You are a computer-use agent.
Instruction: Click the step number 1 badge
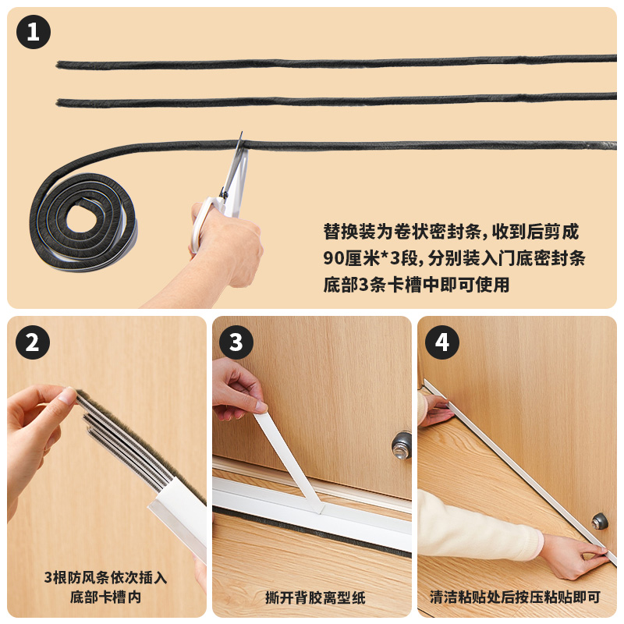click(x=34, y=32)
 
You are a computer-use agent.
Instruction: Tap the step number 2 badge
click(x=33, y=342)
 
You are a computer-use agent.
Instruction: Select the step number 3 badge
click(x=236, y=342)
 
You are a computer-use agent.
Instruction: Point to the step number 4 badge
click(x=441, y=342)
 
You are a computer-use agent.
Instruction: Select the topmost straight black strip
click(x=336, y=62)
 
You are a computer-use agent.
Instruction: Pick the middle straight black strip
click(x=336, y=100)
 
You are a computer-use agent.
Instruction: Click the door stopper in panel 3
click(x=401, y=445)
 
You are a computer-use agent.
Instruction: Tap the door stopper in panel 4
click(x=599, y=521)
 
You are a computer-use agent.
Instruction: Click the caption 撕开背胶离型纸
click(x=315, y=597)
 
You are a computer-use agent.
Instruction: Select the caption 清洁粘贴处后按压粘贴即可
click(x=515, y=597)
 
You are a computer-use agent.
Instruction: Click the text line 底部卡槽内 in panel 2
click(x=105, y=597)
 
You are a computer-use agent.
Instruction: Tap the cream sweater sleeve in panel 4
click(x=477, y=525)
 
